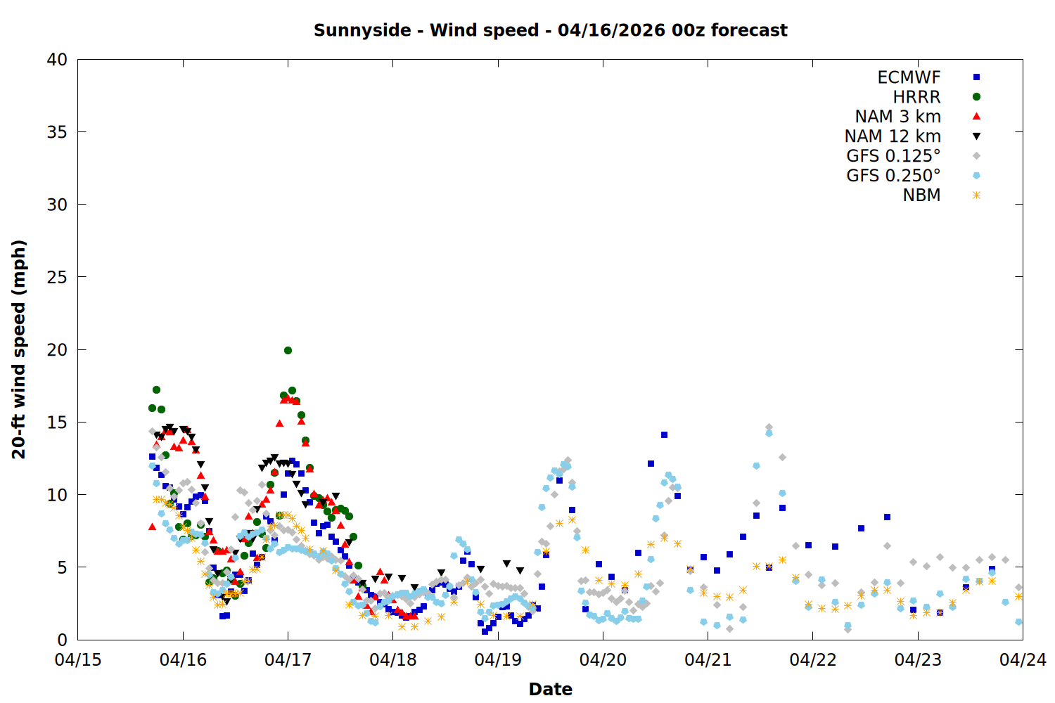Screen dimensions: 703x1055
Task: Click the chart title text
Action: (550, 30)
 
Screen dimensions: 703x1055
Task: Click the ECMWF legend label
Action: (909, 77)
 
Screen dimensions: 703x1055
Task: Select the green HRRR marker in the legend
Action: (976, 97)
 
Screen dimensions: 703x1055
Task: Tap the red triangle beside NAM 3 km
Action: (976, 117)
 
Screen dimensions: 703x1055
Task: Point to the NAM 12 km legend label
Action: (893, 136)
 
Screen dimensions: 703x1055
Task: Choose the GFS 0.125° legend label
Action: (893, 156)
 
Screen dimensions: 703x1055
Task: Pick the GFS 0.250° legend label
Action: (893, 176)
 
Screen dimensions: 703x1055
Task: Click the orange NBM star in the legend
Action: (976, 195)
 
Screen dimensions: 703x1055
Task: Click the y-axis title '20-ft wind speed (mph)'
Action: (19, 349)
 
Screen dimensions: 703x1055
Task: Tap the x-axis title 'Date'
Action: (550, 689)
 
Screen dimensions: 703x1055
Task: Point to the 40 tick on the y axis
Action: (58, 60)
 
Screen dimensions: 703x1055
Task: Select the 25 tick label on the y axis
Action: (58, 277)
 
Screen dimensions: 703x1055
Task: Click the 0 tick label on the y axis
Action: (63, 640)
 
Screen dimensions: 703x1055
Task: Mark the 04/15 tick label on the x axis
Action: (78, 660)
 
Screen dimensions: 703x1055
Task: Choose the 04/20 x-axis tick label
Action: (603, 660)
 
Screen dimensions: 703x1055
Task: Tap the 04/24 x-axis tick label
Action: (1023, 660)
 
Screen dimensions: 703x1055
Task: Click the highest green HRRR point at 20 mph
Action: (288, 350)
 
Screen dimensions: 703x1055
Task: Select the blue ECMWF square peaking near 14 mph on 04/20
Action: (664, 435)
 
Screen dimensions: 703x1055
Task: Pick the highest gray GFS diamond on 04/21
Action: (769, 427)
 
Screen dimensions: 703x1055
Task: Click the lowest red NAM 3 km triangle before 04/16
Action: (152, 526)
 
